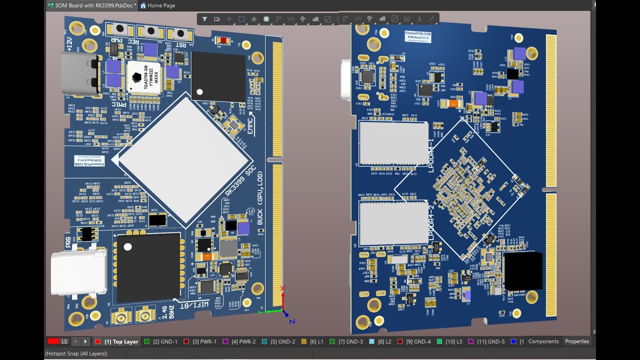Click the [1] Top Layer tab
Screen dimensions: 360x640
click(x=120, y=342)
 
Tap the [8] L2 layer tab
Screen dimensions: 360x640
click(x=384, y=342)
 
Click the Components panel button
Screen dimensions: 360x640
click(x=543, y=341)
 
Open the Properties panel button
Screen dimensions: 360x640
click(x=577, y=341)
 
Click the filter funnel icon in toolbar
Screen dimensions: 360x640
click(x=204, y=19)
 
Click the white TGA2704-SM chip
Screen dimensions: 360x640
click(x=144, y=77)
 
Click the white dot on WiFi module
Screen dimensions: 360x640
click(x=128, y=246)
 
